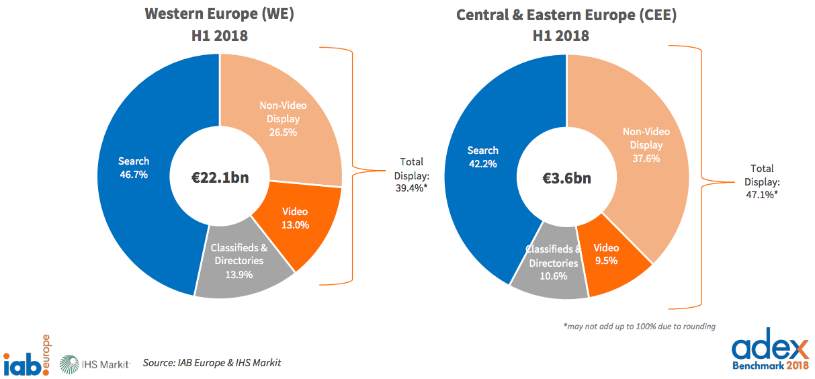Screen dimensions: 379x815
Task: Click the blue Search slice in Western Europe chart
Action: coord(134,168)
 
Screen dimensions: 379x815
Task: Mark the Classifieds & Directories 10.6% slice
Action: coord(552,263)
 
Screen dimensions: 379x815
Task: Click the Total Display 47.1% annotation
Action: coord(761,181)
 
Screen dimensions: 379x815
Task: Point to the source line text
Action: coord(212,363)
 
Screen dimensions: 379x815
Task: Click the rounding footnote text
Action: coord(639,327)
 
